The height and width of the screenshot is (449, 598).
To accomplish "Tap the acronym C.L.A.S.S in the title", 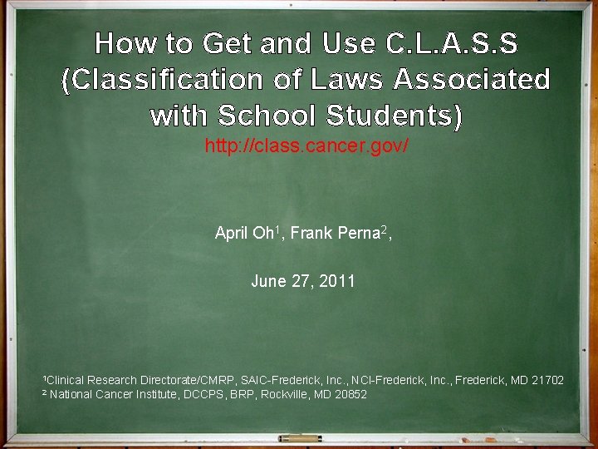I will [x=452, y=43].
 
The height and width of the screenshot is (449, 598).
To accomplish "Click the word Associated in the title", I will [x=472, y=80].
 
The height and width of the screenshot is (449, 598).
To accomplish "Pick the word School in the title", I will [x=268, y=116].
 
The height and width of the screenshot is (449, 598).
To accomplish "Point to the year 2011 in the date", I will [x=336, y=281].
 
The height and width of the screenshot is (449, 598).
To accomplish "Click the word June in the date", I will [x=268, y=281].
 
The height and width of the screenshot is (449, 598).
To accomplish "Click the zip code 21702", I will [x=547, y=380].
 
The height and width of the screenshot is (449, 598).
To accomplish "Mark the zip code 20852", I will [x=350, y=394].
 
